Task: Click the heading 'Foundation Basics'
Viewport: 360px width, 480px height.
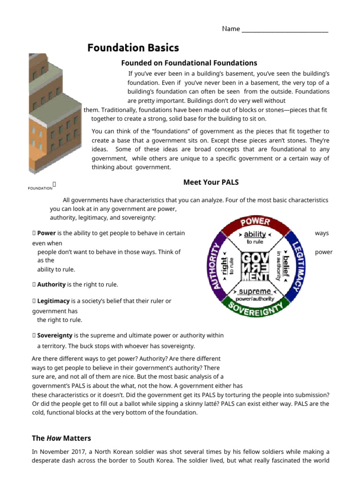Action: coord(133,48)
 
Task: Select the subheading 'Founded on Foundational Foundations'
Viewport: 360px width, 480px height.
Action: coord(189,63)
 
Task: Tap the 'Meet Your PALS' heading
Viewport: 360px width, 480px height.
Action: coord(210,182)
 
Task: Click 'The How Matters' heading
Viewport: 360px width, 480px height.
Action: coord(61,438)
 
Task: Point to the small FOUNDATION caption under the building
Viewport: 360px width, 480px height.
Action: coord(40,188)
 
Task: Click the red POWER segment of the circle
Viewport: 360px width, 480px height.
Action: coord(255,222)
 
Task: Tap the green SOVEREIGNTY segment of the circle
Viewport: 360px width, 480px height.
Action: coord(256,307)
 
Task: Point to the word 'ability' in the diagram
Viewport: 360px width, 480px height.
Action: coord(255,234)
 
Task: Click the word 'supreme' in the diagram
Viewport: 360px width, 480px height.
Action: coord(255,292)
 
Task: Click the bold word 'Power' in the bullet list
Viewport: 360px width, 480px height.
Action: coord(46,233)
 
